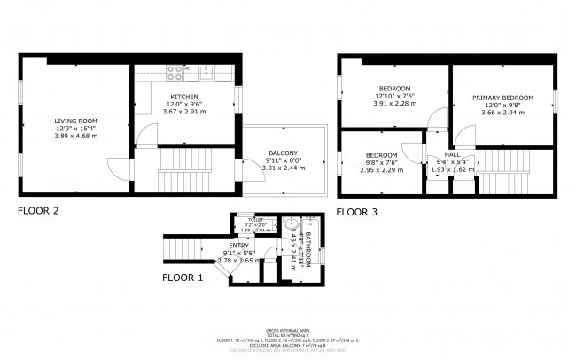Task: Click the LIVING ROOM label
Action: coord(75,121)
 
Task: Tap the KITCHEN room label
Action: coord(183,97)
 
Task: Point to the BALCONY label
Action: coord(283,153)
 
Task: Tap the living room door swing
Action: coord(117,165)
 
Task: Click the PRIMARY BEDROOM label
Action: coord(502,98)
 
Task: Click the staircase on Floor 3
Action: coord(502,168)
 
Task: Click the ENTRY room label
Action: coord(239,245)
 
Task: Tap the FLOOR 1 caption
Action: coord(182,278)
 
